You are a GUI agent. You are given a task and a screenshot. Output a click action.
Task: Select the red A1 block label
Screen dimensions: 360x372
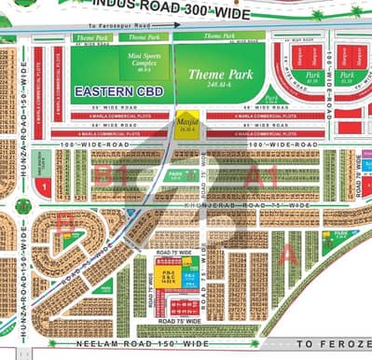tap(257, 173)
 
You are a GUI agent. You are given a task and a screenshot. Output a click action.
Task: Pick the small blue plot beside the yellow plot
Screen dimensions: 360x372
tap(189, 278)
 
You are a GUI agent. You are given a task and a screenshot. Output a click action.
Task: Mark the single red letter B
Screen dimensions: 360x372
tap(63, 223)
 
